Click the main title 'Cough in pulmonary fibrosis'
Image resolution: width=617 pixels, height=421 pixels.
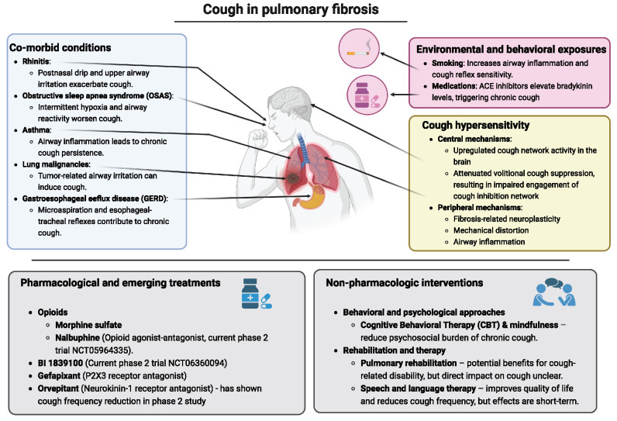(308, 10)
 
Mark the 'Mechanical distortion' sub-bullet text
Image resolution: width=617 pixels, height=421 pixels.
(488, 230)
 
